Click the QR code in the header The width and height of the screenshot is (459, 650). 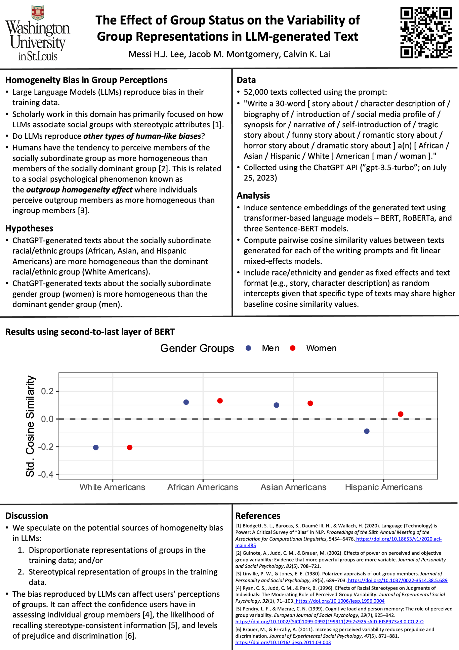tap(426, 33)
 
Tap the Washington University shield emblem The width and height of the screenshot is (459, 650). tap(38, 13)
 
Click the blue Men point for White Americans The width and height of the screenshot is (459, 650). tap(96, 447)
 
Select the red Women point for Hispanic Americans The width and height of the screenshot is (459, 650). tap(401, 414)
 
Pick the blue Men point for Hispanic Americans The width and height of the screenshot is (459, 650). tap(367, 431)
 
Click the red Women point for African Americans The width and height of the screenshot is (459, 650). tap(220, 401)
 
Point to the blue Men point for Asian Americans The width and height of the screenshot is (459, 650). tap(277, 405)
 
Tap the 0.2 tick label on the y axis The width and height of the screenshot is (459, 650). tap(47, 391)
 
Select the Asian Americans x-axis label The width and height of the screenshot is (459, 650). tap(294, 487)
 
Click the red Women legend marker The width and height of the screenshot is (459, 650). tap(293, 348)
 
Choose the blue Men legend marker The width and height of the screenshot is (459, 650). tap(248, 348)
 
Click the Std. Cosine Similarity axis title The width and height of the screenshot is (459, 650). tap(30, 426)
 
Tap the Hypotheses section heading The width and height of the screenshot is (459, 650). tap(30, 228)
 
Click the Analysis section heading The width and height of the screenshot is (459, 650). tap(253, 195)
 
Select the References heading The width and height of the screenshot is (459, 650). tap(258, 515)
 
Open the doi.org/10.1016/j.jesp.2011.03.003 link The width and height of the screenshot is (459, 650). tap(283, 642)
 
